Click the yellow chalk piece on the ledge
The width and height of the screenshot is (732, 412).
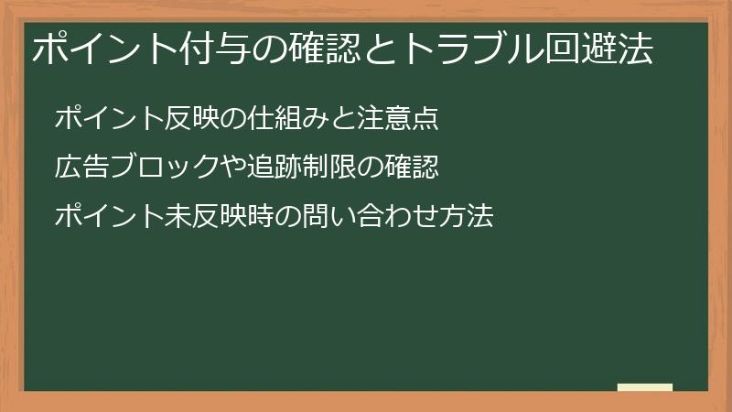tap(644, 387)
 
